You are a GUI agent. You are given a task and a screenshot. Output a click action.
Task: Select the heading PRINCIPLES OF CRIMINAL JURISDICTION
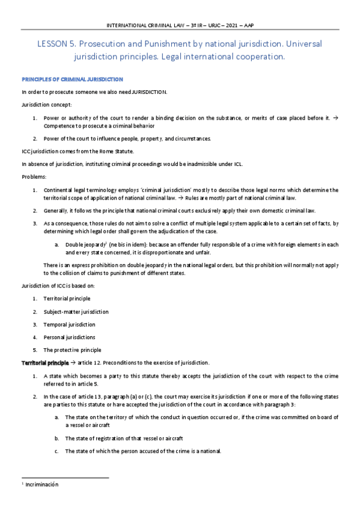72,79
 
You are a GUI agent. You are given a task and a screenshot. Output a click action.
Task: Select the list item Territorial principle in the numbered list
67,298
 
